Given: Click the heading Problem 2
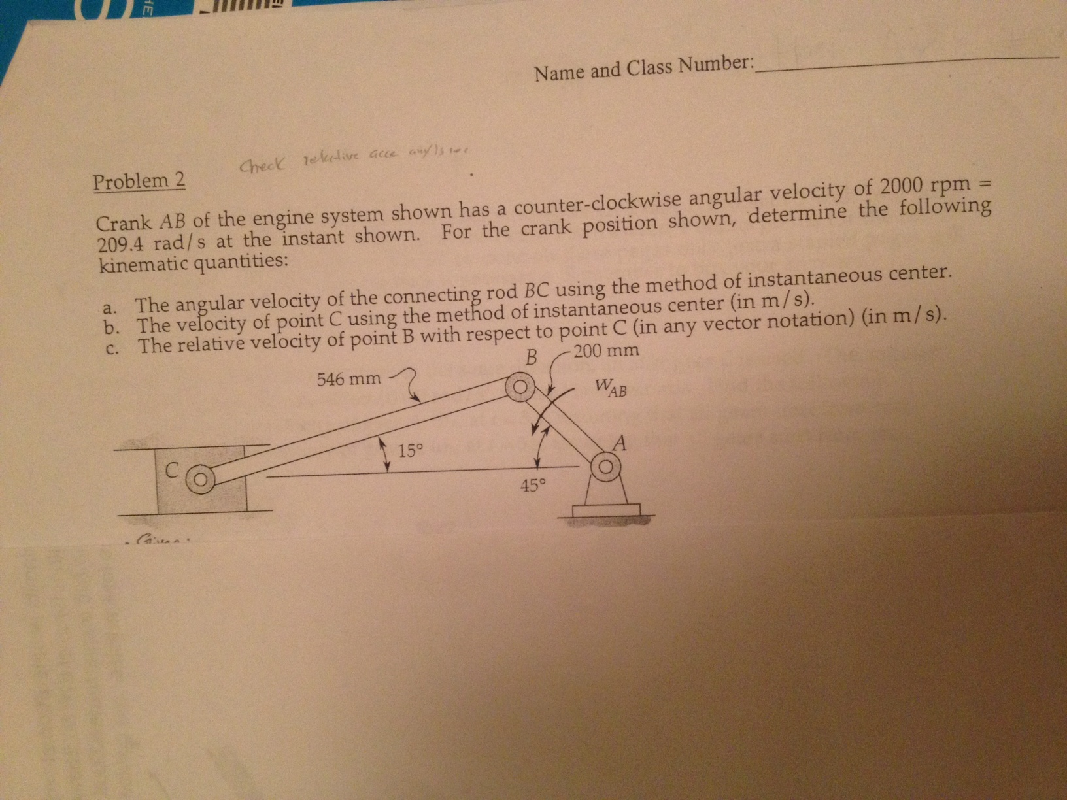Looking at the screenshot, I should tap(139, 182).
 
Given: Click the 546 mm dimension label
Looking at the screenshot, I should tap(348, 379).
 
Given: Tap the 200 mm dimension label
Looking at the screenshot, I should tap(607, 351).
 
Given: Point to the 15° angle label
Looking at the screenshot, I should tap(411, 450).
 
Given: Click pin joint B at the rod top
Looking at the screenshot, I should tap(519, 388).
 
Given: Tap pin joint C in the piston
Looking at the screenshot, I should tap(201, 480).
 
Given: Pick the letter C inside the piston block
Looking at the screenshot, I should tap(171, 469).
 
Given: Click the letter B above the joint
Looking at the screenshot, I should tap(532, 358).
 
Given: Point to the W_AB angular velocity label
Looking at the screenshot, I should tap(611, 388).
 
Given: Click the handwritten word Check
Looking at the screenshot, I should tap(261, 165).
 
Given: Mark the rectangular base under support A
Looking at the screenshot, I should tap(606, 510).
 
